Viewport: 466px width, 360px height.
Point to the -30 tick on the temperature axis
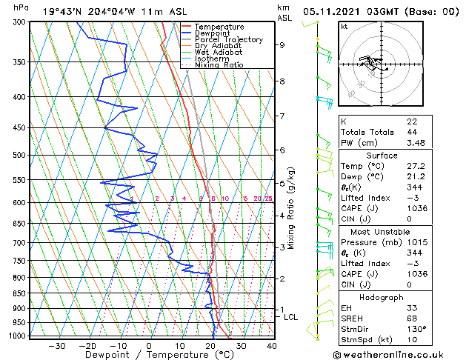point(56,345)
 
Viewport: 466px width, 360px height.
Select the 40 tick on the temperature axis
point(272,345)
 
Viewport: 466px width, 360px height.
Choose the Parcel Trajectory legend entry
point(228,40)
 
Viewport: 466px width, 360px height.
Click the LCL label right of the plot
point(291,317)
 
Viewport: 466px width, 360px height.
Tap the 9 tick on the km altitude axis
point(282,44)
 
